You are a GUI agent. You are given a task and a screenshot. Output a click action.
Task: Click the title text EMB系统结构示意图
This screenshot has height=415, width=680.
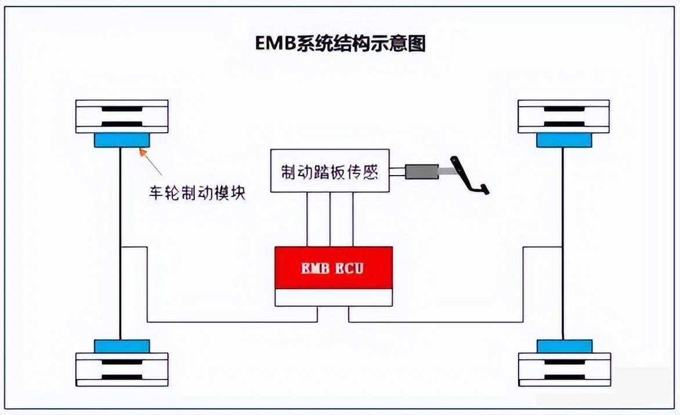[x=341, y=44]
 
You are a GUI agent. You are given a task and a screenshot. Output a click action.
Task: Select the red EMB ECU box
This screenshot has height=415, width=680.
[x=334, y=268]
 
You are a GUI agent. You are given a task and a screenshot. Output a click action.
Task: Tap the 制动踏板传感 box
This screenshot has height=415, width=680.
[x=330, y=171]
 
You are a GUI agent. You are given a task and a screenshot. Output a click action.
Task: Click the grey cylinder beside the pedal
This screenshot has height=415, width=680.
[x=422, y=172]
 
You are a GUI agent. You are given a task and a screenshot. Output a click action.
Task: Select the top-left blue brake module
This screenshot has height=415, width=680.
[x=122, y=140]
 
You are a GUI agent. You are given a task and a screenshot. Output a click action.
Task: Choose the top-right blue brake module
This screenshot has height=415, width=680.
[x=563, y=140]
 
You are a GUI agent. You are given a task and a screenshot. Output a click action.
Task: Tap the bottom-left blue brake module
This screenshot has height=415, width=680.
[x=122, y=345]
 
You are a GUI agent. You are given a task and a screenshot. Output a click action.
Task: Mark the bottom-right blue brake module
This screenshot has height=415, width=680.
[x=563, y=345]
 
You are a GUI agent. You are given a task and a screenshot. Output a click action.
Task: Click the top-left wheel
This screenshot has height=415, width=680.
[x=122, y=116]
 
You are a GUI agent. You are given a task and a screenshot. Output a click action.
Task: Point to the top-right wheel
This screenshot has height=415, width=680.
[x=563, y=116]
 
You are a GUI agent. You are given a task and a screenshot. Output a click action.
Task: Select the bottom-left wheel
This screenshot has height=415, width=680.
[x=122, y=369]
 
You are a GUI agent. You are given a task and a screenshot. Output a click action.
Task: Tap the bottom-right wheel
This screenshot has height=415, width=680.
[x=563, y=369]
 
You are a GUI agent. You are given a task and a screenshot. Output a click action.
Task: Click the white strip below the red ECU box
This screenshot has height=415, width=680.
[x=334, y=297]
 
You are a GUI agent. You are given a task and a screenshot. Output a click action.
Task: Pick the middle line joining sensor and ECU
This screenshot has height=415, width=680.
[x=330, y=219]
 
